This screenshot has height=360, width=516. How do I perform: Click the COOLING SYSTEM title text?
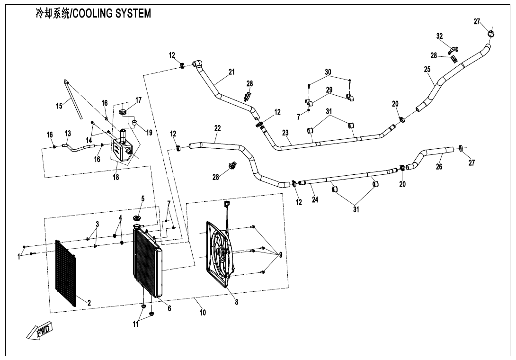[x=93, y=13]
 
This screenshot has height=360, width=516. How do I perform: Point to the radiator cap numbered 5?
[x=138, y=218]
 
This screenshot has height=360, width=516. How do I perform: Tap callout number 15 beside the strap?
[x=59, y=106]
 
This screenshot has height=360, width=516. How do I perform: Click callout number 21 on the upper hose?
[x=231, y=72]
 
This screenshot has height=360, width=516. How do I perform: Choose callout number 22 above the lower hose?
[x=217, y=128]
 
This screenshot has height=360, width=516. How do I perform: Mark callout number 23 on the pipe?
[x=285, y=133]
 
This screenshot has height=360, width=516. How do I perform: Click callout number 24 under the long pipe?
[x=315, y=199]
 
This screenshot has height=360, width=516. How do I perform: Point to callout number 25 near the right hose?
[x=427, y=69]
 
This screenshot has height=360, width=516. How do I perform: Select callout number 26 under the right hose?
[x=439, y=167]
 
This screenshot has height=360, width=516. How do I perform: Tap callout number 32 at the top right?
[x=439, y=36]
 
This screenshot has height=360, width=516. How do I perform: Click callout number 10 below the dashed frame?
[x=203, y=313]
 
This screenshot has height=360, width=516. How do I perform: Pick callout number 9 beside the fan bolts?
[x=280, y=255]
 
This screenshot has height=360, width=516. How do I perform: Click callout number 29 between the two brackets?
[x=329, y=90]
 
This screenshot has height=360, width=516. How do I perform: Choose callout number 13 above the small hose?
[x=68, y=133]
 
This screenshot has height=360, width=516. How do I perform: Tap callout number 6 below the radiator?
[x=169, y=308]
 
